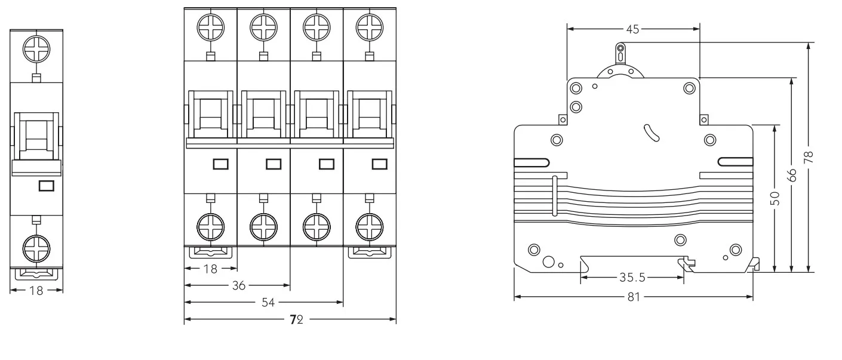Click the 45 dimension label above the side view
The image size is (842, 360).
click(x=632, y=29)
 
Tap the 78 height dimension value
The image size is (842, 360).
click(x=808, y=157)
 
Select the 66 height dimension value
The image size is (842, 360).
click(x=792, y=176)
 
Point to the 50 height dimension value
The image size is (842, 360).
click(x=775, y=198)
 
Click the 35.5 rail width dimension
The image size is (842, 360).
click(x=632, y=278)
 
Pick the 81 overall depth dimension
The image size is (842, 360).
click(x=634, y=297)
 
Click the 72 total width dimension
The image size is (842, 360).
click(x=297, y=320)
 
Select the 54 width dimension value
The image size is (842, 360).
click(x=268, y=303)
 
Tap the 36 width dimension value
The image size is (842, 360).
click(x=239, y=286)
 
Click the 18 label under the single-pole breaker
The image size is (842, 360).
click(x=36, y=291)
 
